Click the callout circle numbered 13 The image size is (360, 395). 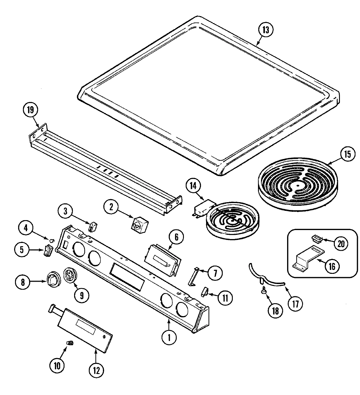pos(265,30)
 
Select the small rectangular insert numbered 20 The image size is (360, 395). pos(316,239)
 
